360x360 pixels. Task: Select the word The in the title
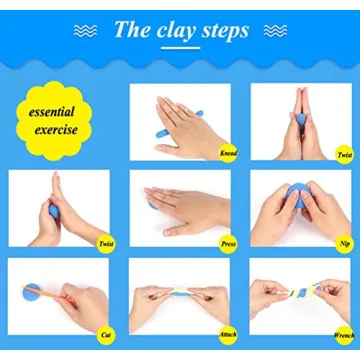point(133,30)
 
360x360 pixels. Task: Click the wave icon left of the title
point(86,30)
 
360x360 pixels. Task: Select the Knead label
point(227,153)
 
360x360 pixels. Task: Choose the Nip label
point(344,241)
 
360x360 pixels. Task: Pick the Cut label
point(106,334)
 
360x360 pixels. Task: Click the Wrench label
point(342,334)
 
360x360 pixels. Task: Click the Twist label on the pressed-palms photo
point(343,153)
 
